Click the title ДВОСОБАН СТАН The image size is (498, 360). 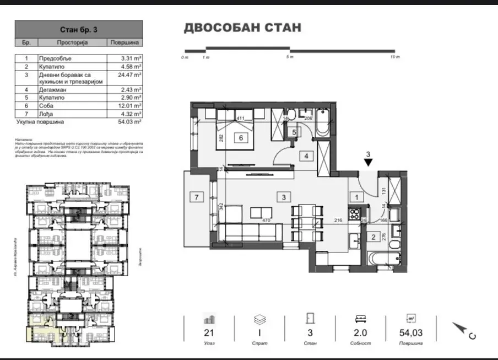pos(242,28)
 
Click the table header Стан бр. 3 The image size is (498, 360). pos(78,29)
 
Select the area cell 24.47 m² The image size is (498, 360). pos(131,74)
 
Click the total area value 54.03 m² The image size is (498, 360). pos(131,122)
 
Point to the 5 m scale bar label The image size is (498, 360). pos(289,57)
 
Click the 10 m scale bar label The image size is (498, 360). pos(394,57)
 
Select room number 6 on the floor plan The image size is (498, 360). pos(241,138)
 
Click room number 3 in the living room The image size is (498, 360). pos(283,197)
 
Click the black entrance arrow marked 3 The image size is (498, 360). pos(369,162)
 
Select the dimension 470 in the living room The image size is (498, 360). pos(266,221)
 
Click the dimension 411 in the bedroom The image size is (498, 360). pos(240,119)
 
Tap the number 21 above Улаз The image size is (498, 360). pos(208,332)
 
